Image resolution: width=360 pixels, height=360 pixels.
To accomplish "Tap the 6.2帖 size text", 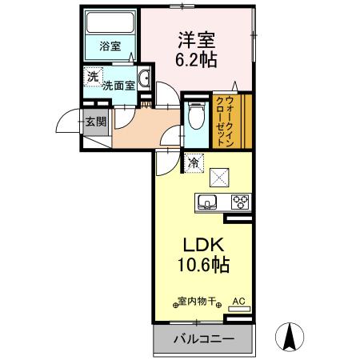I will point(196,59).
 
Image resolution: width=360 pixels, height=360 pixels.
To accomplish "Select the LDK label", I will point(198,245).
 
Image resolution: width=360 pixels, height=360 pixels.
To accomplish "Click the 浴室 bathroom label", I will point(110,47).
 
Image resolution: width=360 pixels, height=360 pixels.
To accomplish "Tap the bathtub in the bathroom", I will point(111,23).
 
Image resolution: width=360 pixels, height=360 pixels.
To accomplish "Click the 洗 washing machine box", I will point(93,77).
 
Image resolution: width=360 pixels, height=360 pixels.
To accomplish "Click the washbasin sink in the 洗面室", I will point(145,78).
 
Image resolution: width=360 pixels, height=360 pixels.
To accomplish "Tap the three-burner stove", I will point(239,201).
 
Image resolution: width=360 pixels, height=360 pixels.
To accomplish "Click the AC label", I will point(238,302).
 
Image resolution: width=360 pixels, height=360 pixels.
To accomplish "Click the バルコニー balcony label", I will point(204,339).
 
